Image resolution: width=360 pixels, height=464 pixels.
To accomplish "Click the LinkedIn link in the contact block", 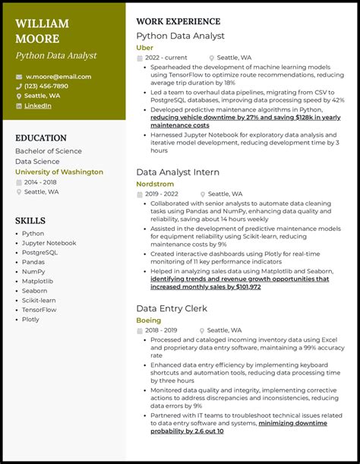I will pyautogui.click(x=37, y=106).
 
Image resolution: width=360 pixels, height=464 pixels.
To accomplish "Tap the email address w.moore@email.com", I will pyautogui.click(x=58, y=77).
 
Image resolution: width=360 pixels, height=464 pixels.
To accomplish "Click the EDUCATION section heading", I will pyautogui.click(x=41, y=138).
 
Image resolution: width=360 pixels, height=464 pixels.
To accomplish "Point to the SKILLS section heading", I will pyautogui.click(x=30, y=220).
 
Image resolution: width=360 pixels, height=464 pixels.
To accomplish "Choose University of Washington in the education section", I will pyautogui.click(x=59, y=172).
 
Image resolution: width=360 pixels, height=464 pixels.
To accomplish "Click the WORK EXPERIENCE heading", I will pyautogui.click(x=178, y=21).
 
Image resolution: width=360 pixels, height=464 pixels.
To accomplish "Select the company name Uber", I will pyautogui.click(x=144, y=47).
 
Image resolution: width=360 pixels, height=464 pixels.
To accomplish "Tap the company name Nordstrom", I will pyautogui.click(x=154, y=184).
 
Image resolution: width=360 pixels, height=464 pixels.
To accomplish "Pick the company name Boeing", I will pyautogui.click(x=148, y=320).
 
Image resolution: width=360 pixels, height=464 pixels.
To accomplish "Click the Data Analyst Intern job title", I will pyautogui.click(x=178, y=172).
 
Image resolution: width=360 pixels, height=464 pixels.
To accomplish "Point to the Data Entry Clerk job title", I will pyautogui.click(x=172, y=308).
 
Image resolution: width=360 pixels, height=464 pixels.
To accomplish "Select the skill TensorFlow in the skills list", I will pyautogui.click(x=39, y=310).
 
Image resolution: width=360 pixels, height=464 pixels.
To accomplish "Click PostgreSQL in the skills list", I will pyautogui.click(x=39, y=253).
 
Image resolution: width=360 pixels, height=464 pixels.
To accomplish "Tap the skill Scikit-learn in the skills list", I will pyautogui.click(x=39, y=300).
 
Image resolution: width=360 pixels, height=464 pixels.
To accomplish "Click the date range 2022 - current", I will pyautogui.click(x=166, y=58).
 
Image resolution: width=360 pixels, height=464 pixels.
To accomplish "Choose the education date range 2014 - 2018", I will pyautogui.click(x=40, y=182).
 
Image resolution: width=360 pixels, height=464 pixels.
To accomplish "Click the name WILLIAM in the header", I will pyautogui.click(x=42, y=24).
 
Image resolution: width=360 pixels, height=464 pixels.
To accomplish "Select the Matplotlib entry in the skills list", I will pyautogui.click(x=37, y=281).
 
